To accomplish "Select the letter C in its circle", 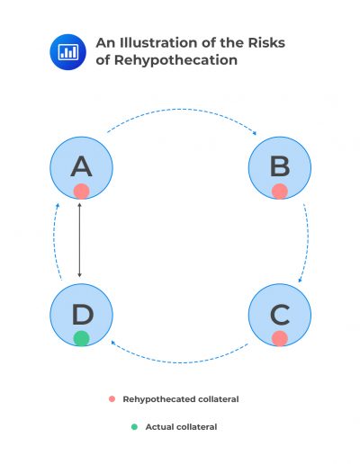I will coord(279,314).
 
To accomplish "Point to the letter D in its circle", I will coord(81,314).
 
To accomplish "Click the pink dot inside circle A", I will coord(81,191).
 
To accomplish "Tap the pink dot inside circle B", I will coord(279,191).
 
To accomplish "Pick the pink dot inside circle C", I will coord(279,338).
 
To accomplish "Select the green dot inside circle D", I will coord(81,338).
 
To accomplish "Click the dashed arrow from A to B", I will coord(180,111).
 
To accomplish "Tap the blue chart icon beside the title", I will coord(67,50).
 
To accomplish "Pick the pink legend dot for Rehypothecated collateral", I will coord(112,398).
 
